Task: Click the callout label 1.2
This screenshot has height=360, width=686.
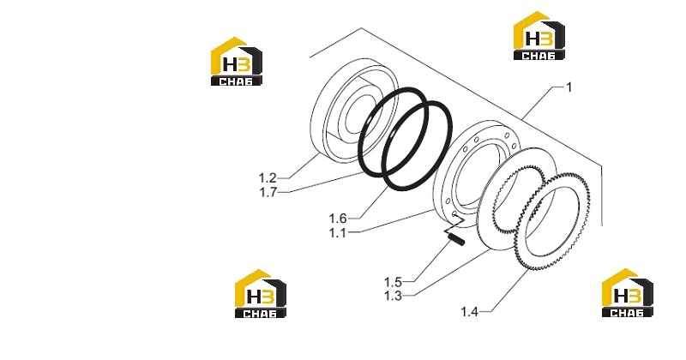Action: (268, 178)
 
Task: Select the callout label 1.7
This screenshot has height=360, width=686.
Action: (268, 192)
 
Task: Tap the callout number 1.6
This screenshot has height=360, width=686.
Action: (337, 219)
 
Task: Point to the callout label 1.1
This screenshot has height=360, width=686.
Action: (337, 232)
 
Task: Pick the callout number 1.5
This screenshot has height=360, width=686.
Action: (393, 282)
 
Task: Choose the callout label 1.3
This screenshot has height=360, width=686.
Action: (393, 296)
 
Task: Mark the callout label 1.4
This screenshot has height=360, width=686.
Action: (469, 312)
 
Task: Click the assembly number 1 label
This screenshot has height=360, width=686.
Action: (569, 87)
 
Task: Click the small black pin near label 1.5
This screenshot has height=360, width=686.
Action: (457, 240)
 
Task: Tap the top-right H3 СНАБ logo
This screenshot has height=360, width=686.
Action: (539, 35)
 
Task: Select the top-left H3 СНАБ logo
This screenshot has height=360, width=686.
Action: (237, 61)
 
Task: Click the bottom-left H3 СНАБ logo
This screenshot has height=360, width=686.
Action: (261, 293)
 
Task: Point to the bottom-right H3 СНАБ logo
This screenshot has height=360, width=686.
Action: (627, 292)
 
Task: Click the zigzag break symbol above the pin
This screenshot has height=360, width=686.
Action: (453, 226)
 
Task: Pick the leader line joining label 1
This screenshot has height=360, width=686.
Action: (543, 102)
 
